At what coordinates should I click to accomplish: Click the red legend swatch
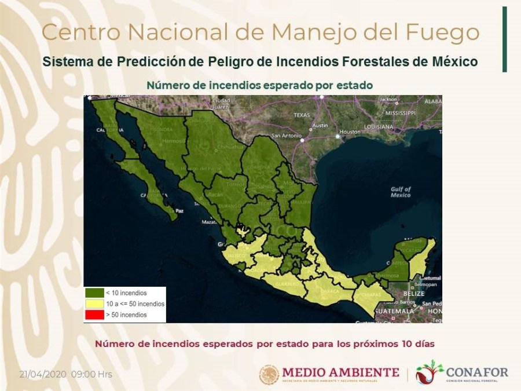94,315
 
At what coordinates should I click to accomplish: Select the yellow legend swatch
94,304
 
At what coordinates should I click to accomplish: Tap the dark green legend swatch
94,293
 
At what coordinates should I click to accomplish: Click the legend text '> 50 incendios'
126,315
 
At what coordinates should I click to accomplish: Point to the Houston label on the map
350,131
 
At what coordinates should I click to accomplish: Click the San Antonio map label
284,136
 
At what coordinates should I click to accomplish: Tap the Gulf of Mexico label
400,192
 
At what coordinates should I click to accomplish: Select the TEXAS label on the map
302,115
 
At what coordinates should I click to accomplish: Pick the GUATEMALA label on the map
394,311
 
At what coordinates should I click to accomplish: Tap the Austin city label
320,125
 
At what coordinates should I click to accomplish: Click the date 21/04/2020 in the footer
43,374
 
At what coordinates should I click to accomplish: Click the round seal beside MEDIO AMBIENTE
269,374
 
